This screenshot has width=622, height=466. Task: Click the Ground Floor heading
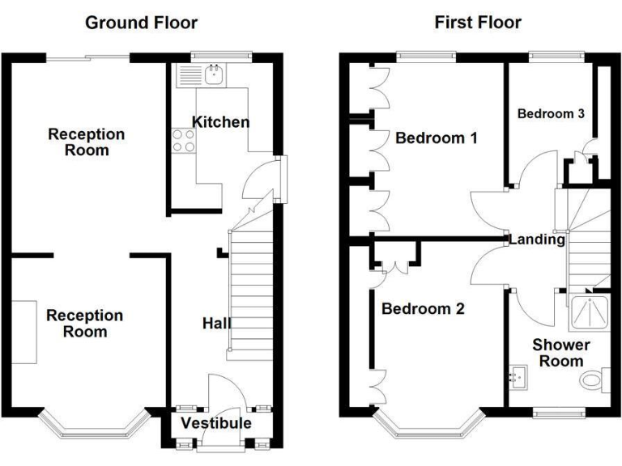click(x=141, y=23)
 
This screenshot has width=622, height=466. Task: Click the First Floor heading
click(x=478, y=23)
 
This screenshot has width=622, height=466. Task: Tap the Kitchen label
click(x=220, y=122)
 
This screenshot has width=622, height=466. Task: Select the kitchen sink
click(x=215, y=76)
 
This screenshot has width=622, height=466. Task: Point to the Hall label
click(x=216, y=324)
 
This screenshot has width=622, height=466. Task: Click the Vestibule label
click(x=216, y=423)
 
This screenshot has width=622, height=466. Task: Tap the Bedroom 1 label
click(x=436, y=138)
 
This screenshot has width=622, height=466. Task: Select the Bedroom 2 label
click(x=423, y=309)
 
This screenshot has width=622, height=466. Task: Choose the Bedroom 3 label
click(x=551, y=113)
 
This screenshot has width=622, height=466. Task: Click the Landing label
click(x=536, y=239)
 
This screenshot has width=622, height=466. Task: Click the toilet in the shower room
click(x=593, y=379)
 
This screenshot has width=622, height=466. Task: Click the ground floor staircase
click(x=252, y=291)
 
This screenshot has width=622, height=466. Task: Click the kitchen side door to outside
click(x=280, y=179)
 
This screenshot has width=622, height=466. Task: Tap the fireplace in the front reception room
click(x=25, y=332)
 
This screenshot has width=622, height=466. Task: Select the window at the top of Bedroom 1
click(x=425, y=57)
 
